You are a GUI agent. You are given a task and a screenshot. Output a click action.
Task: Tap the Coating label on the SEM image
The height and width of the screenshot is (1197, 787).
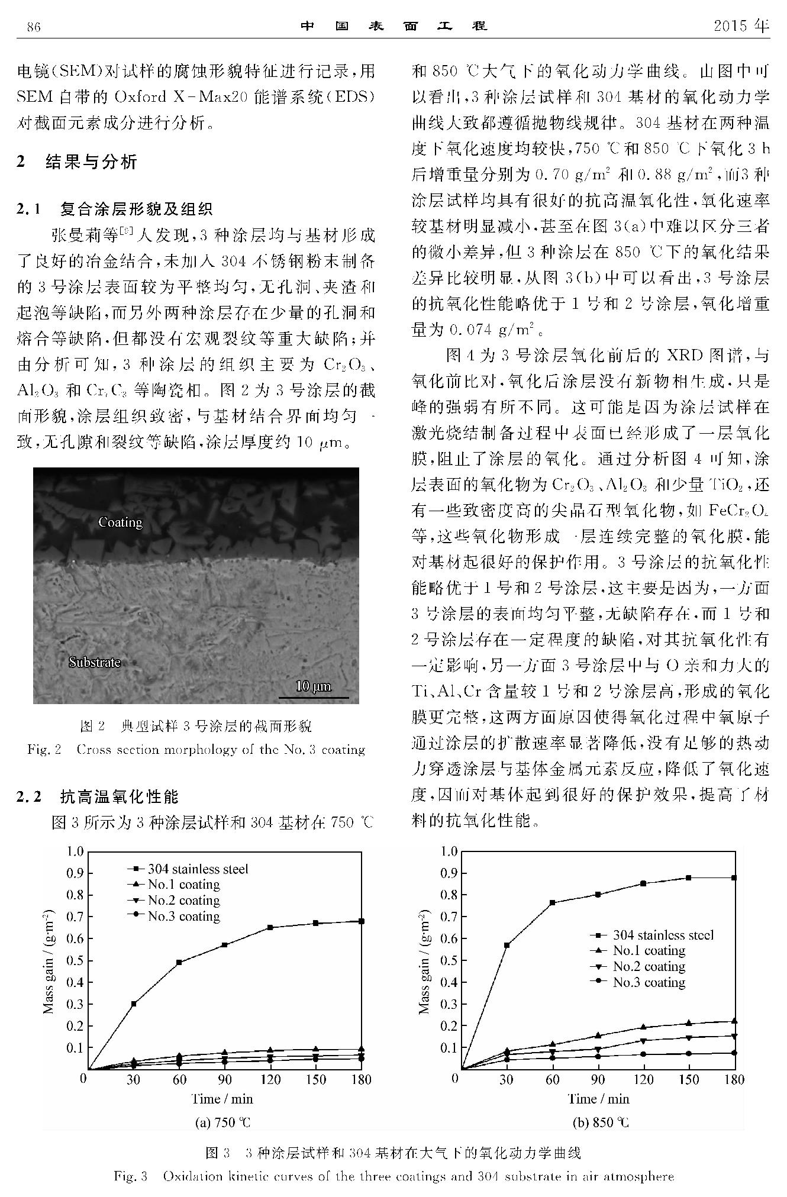[x=121, y=522]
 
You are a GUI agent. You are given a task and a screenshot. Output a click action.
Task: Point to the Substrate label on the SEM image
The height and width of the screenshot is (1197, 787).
[x=95, y=662]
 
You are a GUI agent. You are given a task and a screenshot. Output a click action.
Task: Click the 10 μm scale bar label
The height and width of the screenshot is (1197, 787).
[x=313, y=686]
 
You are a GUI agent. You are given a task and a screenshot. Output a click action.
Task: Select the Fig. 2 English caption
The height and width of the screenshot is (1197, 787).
[x=196, y=750]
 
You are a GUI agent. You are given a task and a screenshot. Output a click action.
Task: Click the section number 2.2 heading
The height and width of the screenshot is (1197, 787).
[x=30, y=797]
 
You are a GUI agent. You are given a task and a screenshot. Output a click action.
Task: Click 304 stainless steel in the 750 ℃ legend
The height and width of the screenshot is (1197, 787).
[x=198, y=869]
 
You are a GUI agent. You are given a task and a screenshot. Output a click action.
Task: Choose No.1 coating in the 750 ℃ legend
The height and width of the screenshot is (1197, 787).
[x=183, y=885]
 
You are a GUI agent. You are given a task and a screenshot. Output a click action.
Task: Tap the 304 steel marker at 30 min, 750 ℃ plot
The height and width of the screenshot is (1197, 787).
[x=134, y=1004]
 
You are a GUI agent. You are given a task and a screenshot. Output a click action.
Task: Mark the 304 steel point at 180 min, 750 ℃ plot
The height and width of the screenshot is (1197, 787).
[x=361, y=921]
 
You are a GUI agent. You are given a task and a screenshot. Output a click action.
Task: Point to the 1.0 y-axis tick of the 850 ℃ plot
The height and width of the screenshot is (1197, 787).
[x=450, y=851]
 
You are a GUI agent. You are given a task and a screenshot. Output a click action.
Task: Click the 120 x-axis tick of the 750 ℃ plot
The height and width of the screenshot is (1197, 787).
[x=270, y=1080]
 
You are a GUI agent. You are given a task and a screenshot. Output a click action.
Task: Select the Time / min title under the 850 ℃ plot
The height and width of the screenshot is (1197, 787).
[x=598, y=1099]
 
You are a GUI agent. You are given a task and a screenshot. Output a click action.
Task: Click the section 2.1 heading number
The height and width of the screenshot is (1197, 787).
[x=29, y=209]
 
